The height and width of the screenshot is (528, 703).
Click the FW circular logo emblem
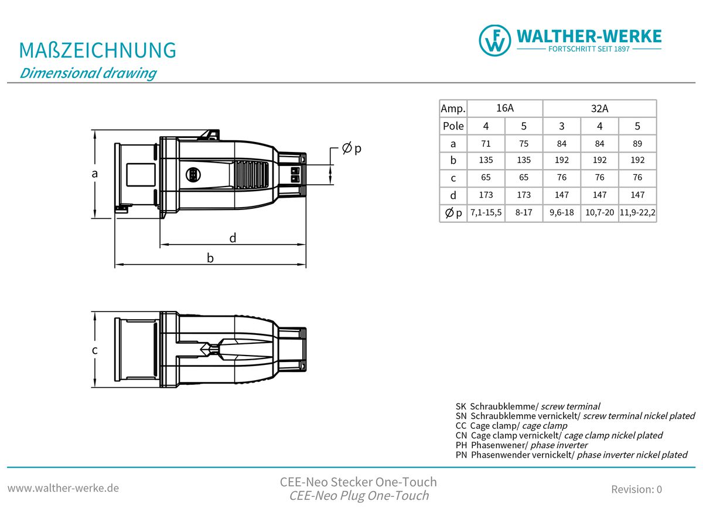coord(494,40)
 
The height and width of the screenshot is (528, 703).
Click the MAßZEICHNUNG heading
coord(98,50)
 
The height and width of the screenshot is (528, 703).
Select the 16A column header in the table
coord(505,108)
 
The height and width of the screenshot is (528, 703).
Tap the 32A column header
coord(599,109)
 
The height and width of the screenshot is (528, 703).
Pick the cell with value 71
coord(486,143)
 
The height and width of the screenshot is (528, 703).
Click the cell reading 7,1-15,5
coord(486,212)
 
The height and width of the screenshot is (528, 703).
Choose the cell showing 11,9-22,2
coord(637,212)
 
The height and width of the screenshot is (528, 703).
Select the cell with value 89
coord(637,143)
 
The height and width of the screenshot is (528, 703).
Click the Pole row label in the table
coord(453,126)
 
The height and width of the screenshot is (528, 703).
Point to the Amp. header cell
coord(453,109)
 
